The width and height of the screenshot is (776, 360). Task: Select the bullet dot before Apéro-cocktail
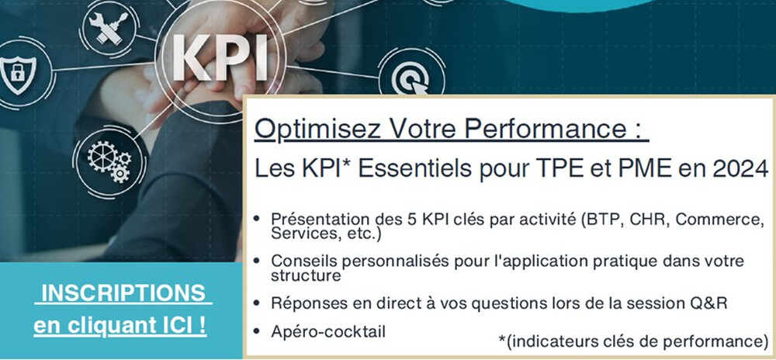[x=257, y=331]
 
